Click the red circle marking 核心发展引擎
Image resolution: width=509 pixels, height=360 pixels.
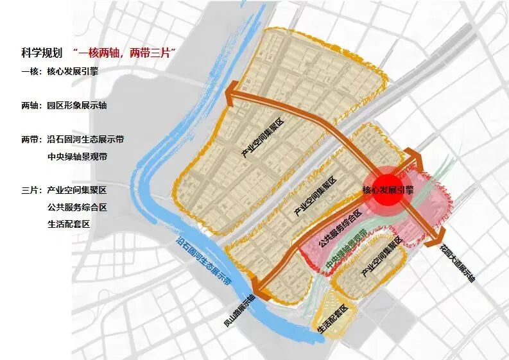[x=387, y=189]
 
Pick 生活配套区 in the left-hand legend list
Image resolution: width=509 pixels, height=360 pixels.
[x=68, y=224]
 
